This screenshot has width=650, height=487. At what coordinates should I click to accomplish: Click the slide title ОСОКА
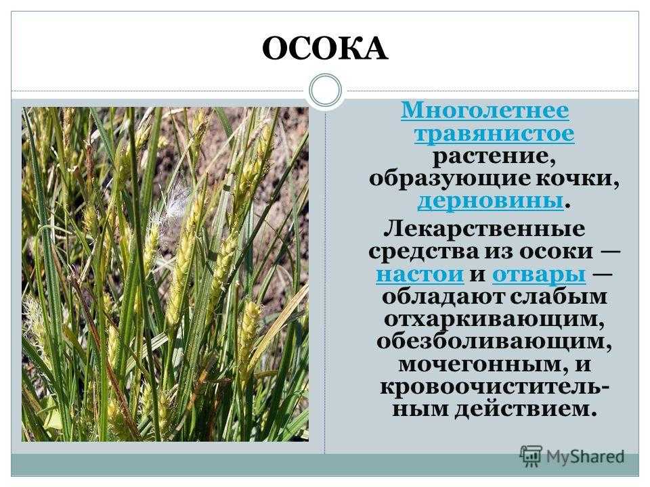[325, 49]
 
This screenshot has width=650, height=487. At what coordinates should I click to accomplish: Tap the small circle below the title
[326, 90]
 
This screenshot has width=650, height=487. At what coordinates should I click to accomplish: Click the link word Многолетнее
[485, 111]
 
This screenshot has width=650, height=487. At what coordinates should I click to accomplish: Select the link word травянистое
[494, 134]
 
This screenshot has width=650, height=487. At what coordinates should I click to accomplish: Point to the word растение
[494, 157]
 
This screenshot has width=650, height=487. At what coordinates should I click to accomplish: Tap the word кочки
[577, 179]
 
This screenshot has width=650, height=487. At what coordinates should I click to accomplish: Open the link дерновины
[490, 202]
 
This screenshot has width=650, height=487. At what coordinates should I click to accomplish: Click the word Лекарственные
[485, 229]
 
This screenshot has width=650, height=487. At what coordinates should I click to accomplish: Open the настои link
[420, 274]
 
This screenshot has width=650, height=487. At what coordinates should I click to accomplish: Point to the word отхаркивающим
[494, 320]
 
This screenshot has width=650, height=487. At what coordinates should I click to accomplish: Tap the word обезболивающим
[494, 342]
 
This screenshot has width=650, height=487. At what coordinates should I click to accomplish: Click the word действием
[525, 410]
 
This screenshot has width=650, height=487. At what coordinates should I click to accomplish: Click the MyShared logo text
[585, 457]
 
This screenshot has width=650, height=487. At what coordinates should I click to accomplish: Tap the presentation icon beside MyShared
[531, 457]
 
